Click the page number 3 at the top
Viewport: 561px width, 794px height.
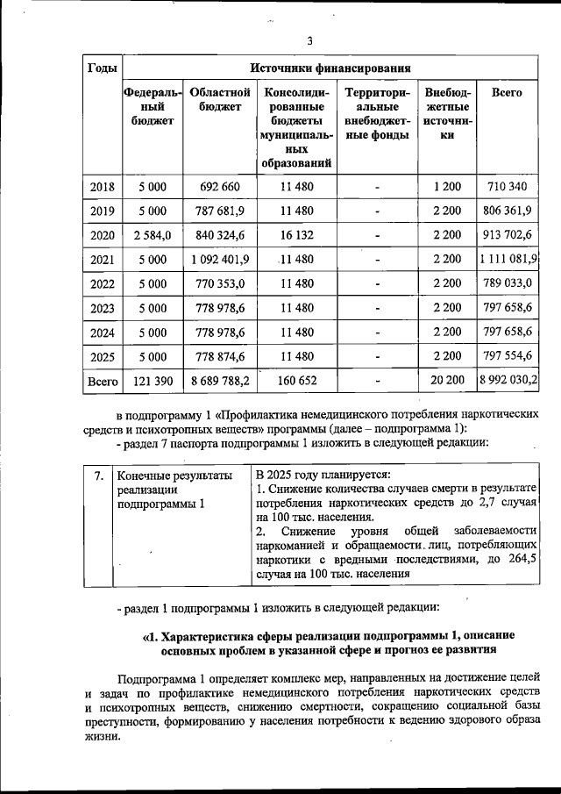click(309, 39)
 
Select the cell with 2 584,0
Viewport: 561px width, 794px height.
click(152, 235)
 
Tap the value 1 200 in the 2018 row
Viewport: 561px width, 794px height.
click(446, 187)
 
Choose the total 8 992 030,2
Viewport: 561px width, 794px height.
click(508, 382)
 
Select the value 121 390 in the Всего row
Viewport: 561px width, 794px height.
click(152, 382)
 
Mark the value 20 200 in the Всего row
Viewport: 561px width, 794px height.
click(446, 382)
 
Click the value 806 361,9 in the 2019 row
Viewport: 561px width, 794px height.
click(508, 211)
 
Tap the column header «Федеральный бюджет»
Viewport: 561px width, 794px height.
click(152, 106)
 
